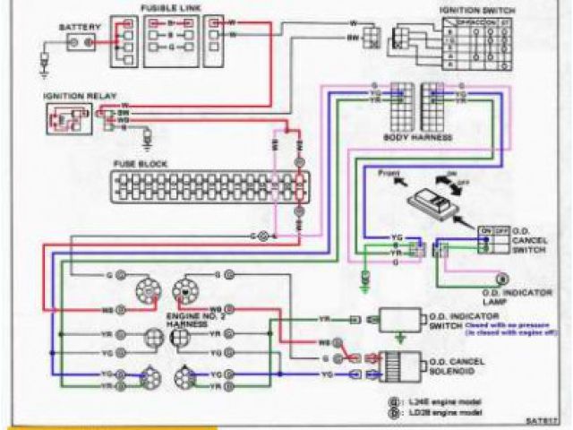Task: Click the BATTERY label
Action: tap(74, 27)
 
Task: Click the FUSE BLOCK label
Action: tap(136, 164)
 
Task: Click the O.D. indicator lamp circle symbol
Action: tap(502, 277)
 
